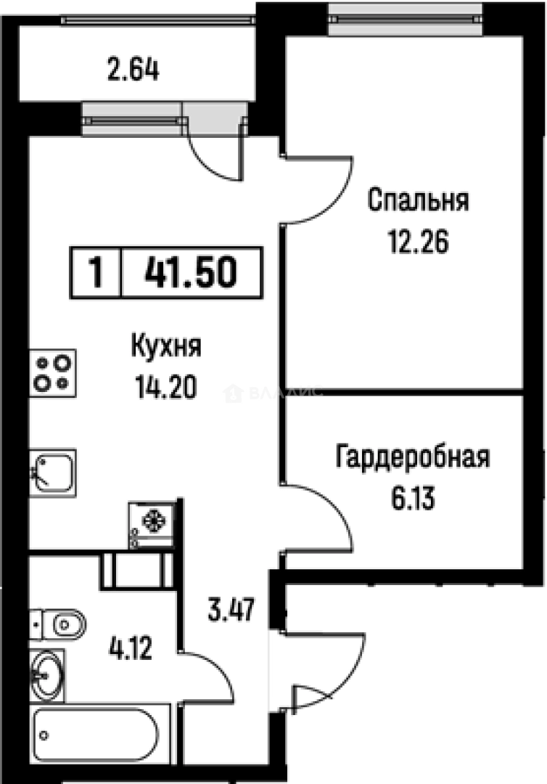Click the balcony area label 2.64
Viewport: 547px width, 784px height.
(132, 71)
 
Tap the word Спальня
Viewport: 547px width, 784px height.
(418, 200)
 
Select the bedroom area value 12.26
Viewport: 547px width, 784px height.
(418, 241)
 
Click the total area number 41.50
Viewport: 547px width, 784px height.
(189, 274)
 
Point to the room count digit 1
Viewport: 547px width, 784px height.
(95, 274)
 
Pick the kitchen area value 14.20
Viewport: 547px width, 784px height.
(165, 389)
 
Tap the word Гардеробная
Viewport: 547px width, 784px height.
(412, 458)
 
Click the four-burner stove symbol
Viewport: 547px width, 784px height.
(53, 373)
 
